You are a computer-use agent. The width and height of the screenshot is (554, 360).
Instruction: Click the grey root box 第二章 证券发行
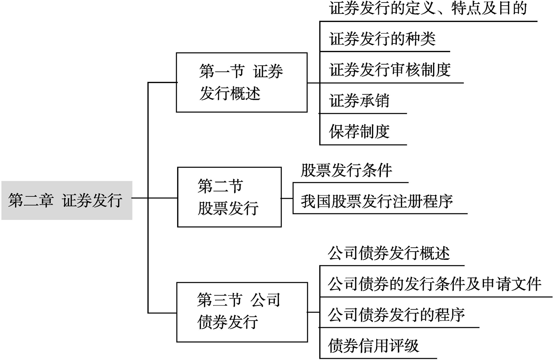coord(67,200)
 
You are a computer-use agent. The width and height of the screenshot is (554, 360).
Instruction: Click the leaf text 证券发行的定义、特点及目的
coord(428,8)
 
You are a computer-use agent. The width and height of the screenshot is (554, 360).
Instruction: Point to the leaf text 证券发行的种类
coord(382,39)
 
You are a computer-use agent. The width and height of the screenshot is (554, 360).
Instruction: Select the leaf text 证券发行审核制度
coord(390,70)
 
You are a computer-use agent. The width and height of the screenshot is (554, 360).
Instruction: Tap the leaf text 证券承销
coord(359,101)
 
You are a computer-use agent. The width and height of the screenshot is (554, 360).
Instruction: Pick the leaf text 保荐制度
coord(359,132)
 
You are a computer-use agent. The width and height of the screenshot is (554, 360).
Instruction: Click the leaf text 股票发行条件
coord(346,171)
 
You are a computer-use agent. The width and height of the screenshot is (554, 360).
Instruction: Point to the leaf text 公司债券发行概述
coord(389,253)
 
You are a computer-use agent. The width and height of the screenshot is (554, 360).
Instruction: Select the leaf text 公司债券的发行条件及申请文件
coord(435,284)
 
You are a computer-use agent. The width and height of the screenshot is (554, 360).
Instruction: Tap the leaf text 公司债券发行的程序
coord(396,315)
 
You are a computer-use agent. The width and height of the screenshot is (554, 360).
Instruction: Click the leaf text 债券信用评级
coord(373,346)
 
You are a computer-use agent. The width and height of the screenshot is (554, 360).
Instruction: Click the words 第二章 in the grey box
coord(31,200)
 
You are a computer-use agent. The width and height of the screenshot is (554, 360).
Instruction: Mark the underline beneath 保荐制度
coord(363,145)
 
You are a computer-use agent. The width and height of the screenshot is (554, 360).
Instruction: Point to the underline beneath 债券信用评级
coord(378,358)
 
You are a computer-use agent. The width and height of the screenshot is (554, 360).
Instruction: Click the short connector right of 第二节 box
coord(287,198)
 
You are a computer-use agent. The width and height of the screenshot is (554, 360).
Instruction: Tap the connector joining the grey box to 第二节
coord(155,198)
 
